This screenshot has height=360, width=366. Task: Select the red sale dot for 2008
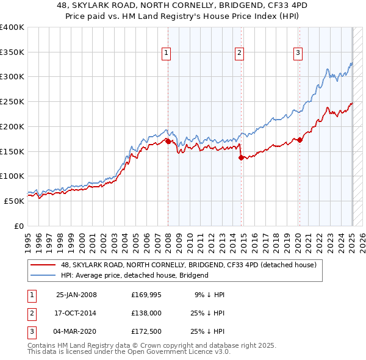(x=168, y=142)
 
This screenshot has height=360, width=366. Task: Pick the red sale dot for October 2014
(x=241, y=157)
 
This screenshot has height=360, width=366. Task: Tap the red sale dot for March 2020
(x=300, y=140)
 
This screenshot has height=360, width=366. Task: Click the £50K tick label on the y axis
(x=15, y=200)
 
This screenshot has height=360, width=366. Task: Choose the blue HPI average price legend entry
(x=134, y=275)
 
